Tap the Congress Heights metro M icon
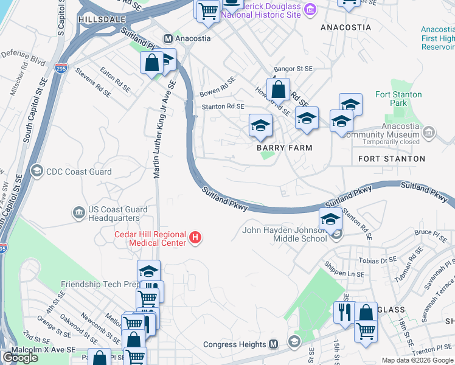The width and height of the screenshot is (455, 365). (273, 344)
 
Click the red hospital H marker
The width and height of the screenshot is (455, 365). (195, 237)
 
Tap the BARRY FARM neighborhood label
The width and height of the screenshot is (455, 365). (284, 148)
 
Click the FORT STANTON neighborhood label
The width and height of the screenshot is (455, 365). (391, 159)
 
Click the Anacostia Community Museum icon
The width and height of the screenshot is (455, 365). (429, 133)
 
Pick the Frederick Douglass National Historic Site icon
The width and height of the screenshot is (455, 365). (310, 9)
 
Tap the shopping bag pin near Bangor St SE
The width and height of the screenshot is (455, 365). (278, 89)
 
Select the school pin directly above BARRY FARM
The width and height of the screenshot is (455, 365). (261, 126)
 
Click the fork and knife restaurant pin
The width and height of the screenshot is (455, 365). (344, 313)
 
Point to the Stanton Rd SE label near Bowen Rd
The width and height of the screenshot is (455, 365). (223, 106)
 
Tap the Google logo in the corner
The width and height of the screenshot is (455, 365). (20, 358)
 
